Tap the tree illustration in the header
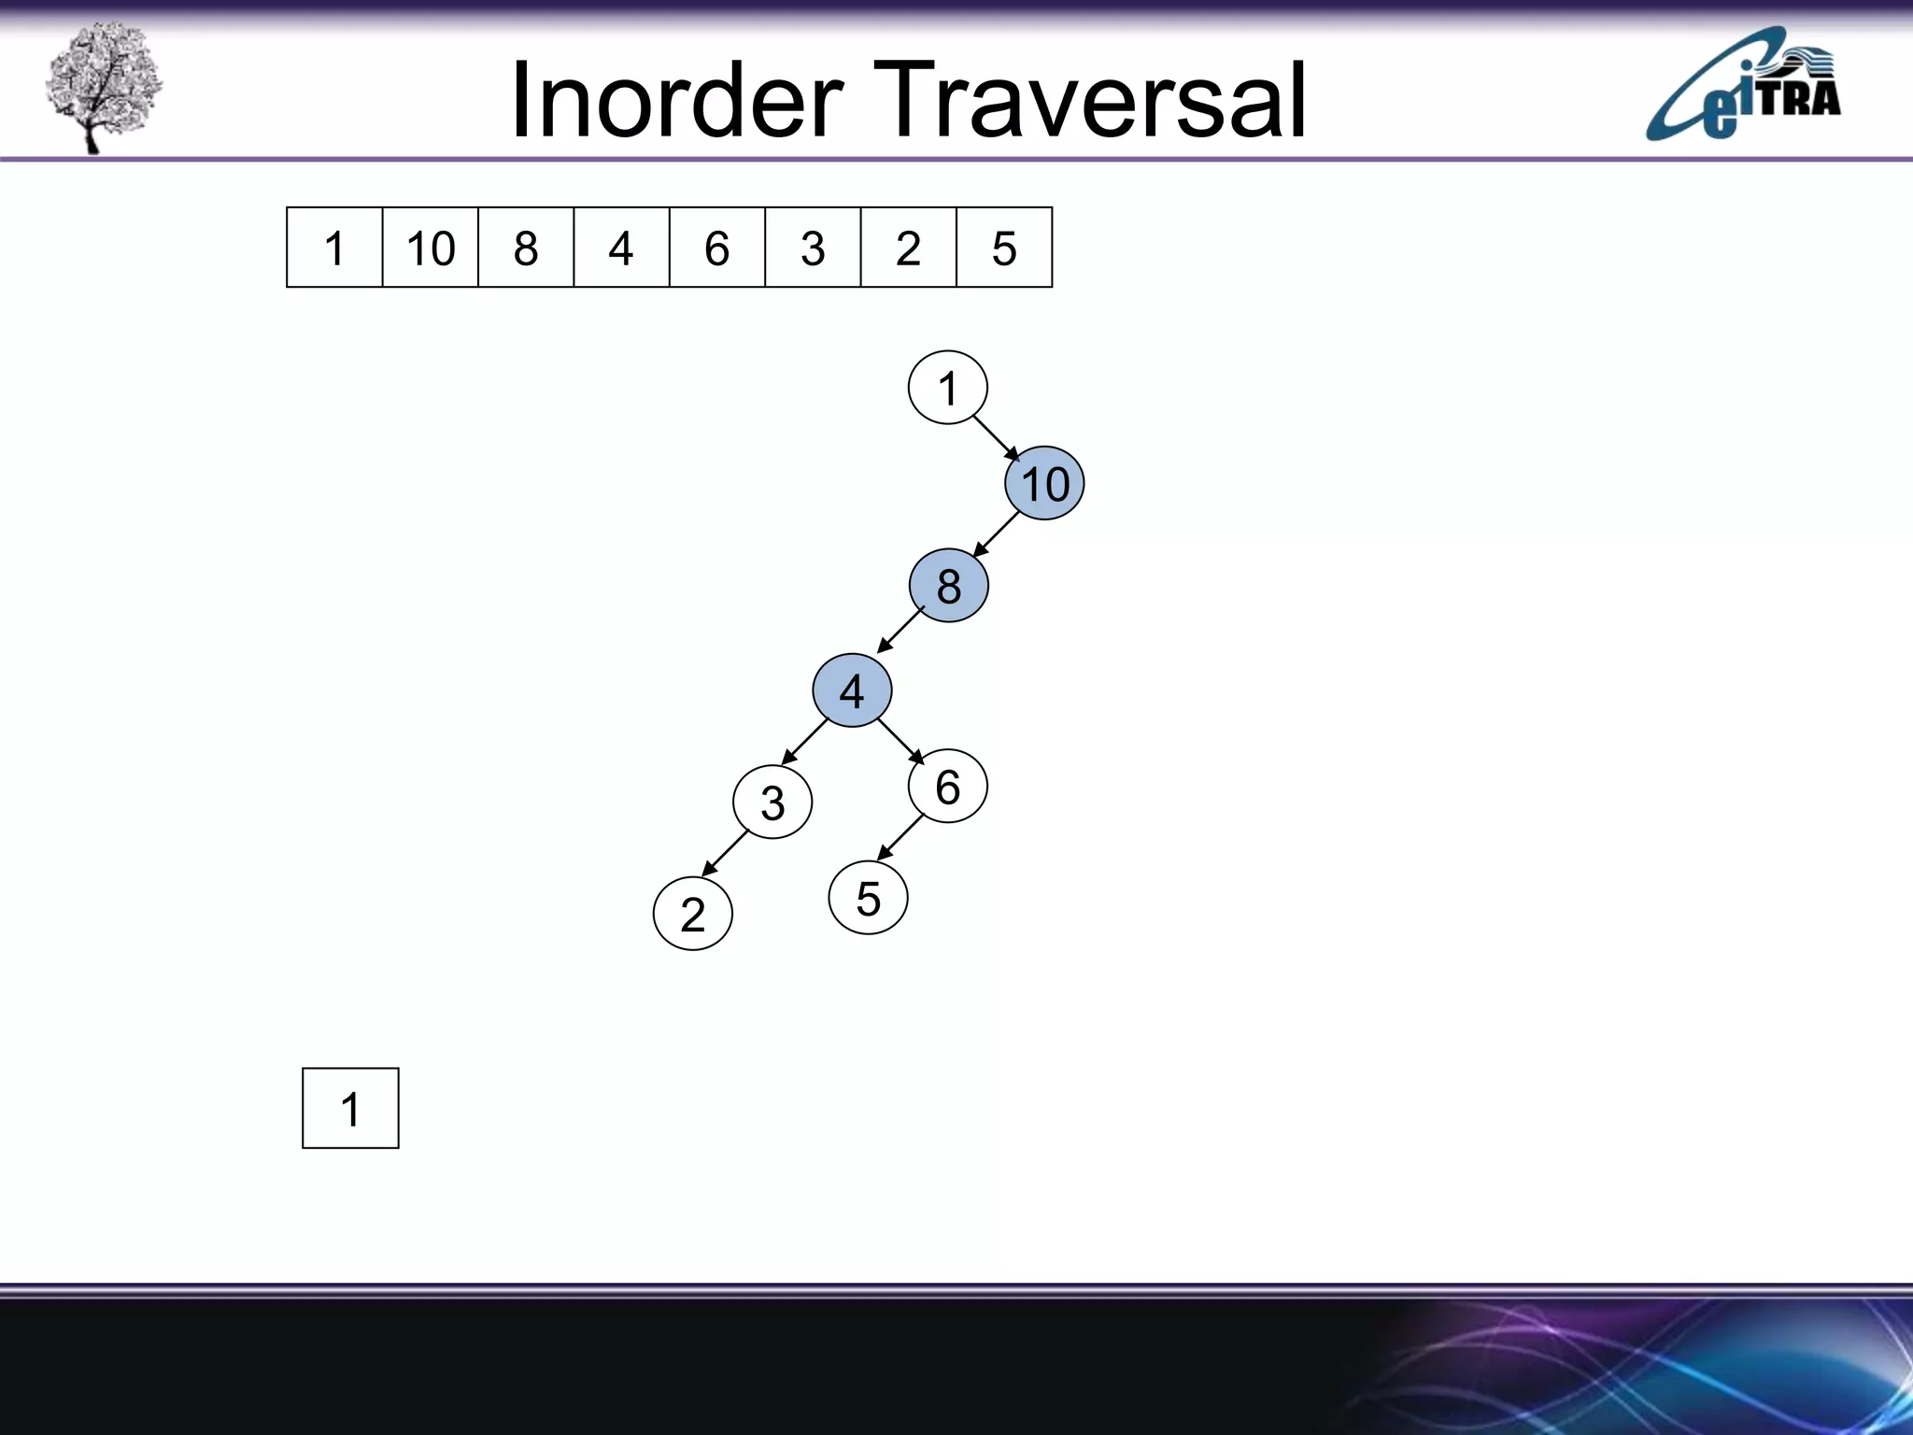pyautogui.click(x=104, y=86)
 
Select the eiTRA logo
pyautogui.click(x=1743, y=86)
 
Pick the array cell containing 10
pyautogui.click(x=430, y=248)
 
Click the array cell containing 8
pyautogui.click(x=526, y=248)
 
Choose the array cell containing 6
pyautogui.click(x=716, y=248)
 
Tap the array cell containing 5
pyautogui.click(x=1004, y=248)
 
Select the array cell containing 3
pyautogui.click(x=813, y=248)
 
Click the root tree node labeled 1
pyautogui.click(x=947, y=388)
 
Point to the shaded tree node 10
pyautogui.click(x=1044, y=483)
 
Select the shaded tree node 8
pyautogui.click(x=948, y=586)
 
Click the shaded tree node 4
pyautogui.click(x=852, y=690)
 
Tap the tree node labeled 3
pyautogui.click(x=772, y=802)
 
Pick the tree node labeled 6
pyautogui.click(x=947, y=786)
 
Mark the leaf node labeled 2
pyautogui.click(x=692, y=913)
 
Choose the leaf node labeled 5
pyautogui.click(x=868, y=898)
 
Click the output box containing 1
pyautogui.click(x=350, y=1108)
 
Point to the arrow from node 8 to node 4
pyautogui.click(x=900, y=630)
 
